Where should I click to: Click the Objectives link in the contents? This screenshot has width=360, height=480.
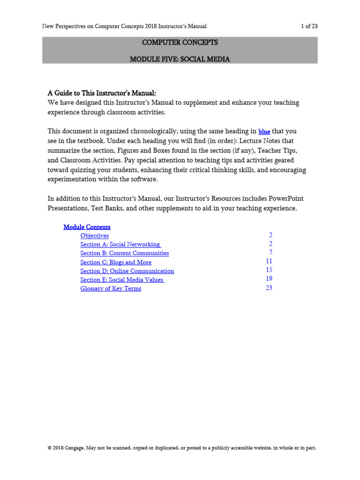click(x=94, y=236)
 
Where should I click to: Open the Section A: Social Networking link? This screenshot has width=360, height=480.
click(x=120, y=245)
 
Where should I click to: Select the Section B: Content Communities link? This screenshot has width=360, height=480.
click(x=124, y=253)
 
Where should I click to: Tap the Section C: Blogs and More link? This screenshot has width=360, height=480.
click(x=115, y=262)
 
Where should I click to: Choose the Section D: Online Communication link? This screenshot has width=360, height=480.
click(x=127, y=271)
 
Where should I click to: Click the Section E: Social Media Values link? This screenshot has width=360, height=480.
click(x=122, y=280)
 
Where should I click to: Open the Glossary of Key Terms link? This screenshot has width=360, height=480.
click(x=110, y=289)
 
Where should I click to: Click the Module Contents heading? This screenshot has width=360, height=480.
click(x=87, y=227)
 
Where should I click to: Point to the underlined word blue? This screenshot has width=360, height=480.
click(x=264, y=132)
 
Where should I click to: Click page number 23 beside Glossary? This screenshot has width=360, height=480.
click(x=269, y=288)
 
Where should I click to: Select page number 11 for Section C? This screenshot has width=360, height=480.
click(x=269, y=262)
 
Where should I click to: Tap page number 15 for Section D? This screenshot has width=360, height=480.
click(x=269, y=270)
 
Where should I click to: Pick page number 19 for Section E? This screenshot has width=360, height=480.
click(x=269, y=279)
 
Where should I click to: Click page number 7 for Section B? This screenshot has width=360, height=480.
click(x=270, y=253)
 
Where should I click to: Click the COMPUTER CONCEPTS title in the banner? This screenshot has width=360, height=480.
click(x=180, y=43)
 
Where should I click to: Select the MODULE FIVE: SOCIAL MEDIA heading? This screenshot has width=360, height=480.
click(x=180, y=60)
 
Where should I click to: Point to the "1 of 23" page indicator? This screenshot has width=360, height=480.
click(x=309, y=26)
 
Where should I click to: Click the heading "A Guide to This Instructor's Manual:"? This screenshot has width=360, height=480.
click(x=102, y=93)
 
